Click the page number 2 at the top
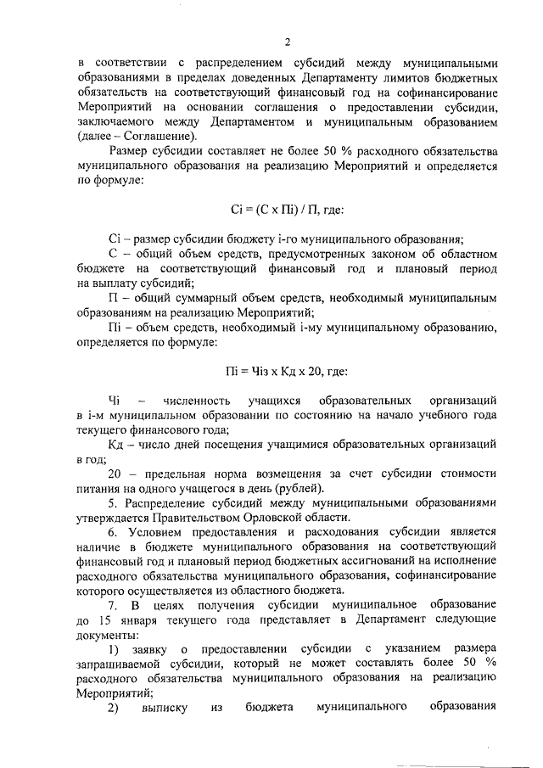[288, 42]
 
